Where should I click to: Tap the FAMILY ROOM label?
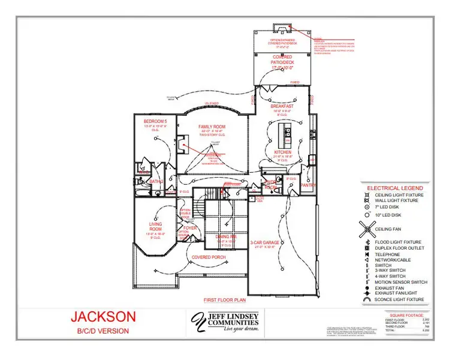click(212, 127)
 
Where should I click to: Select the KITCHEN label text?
click(283, 152)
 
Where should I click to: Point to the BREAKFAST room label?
click(281, 106)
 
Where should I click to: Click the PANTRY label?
click(308, 185)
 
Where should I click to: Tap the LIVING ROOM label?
click(156, 226)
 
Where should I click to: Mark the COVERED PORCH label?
click(205, 257)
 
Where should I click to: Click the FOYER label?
click(190, 228)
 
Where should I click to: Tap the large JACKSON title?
click(103, 316)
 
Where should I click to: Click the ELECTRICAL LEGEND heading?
click(395, 187)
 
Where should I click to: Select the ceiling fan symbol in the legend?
click(366, 227)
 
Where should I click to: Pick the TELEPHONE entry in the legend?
click(387, 254)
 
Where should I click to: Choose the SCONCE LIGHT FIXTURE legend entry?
click(399, 299)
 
